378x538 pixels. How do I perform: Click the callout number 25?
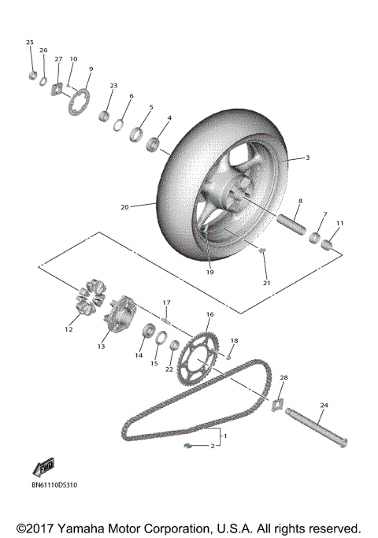point(30,42)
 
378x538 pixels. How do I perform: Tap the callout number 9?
point(91,69)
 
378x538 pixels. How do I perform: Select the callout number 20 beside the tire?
point(124,207)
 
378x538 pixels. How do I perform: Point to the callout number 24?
point(323,406)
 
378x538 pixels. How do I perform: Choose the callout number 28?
point(284,378)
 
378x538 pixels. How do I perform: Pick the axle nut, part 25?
point(32,75)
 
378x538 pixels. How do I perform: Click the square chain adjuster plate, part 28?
point(277,403)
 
